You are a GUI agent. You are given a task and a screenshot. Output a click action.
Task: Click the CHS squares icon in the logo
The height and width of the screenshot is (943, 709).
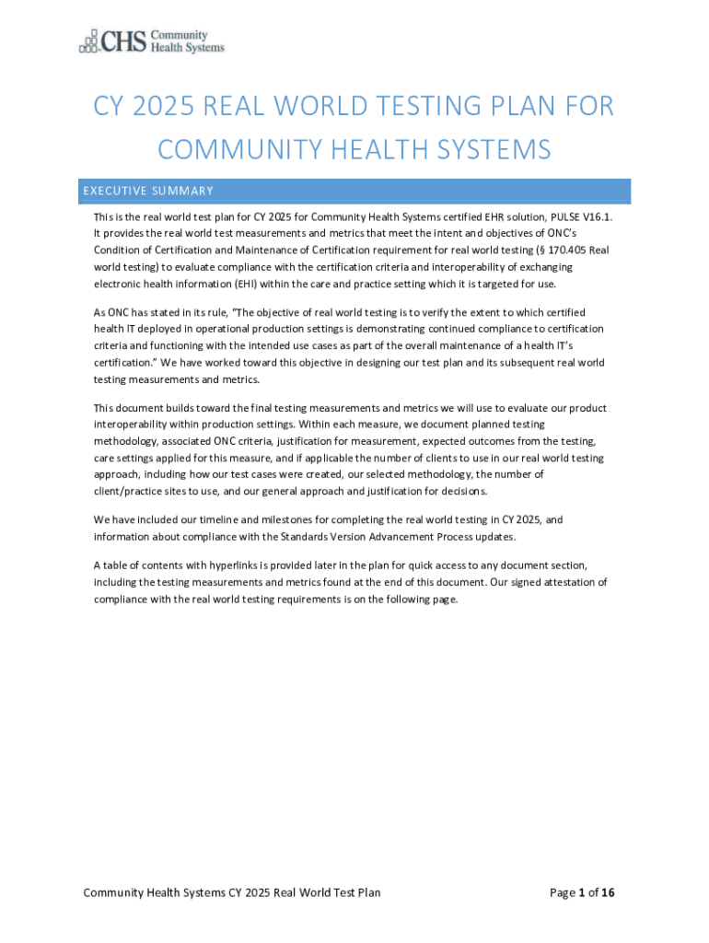(x=88, y=41)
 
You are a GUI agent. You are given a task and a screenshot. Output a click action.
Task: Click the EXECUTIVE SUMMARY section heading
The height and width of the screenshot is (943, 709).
(x=148, y=192)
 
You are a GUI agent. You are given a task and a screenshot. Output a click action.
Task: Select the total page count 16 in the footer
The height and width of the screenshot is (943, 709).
(x=608, y=892)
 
